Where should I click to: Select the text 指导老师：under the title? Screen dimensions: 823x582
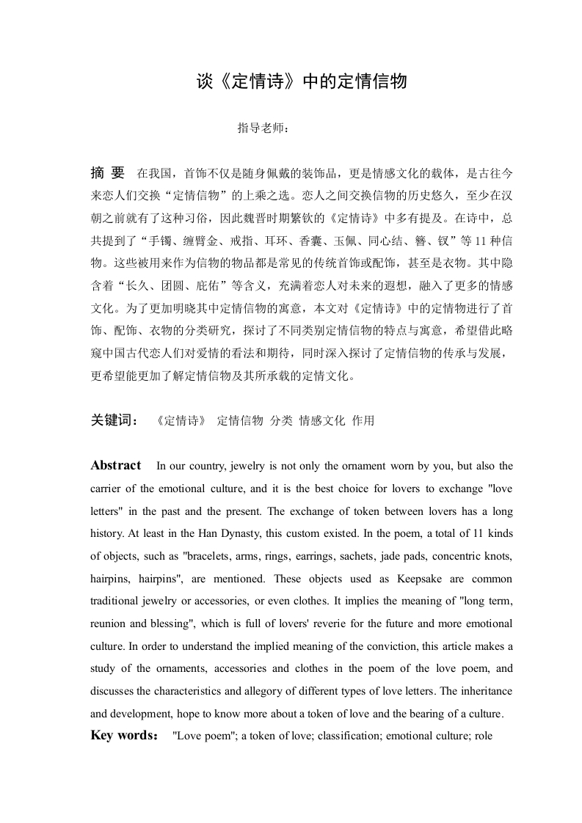point(263,128)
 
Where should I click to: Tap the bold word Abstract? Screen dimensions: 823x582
point(116,465)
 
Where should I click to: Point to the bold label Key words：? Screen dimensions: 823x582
point(124,735)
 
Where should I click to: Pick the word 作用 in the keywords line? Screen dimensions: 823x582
point(363,420)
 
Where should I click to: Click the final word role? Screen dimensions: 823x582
point(483,736)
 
